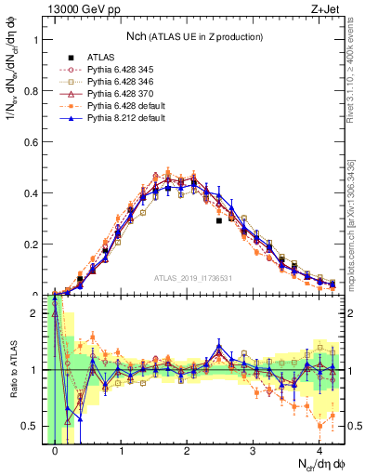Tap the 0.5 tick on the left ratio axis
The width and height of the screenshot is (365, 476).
pos(32,426)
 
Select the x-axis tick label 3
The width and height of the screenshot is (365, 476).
pos(253,451)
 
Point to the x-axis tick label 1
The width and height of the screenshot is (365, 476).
pos(121,451)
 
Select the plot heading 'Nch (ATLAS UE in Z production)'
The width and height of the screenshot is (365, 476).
pos(194,35)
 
